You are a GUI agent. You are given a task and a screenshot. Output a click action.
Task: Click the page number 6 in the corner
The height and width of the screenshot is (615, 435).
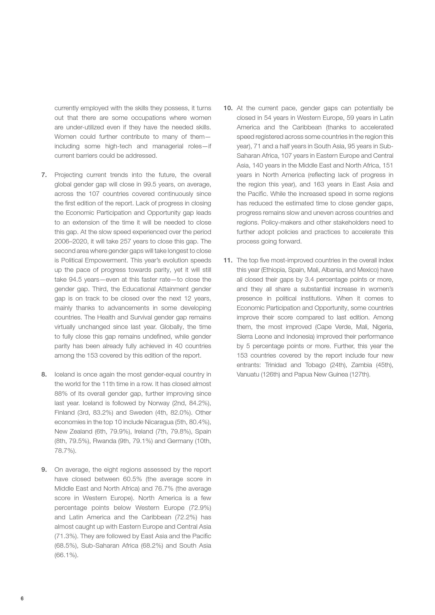(x=22, y=598)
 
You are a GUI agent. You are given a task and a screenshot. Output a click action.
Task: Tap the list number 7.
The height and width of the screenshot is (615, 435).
(x=44, y=175)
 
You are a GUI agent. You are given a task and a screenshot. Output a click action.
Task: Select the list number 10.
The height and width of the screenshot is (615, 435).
(x=228, y=108)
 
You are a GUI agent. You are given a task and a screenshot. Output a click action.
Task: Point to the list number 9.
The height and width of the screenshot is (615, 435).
(x=44, y=470)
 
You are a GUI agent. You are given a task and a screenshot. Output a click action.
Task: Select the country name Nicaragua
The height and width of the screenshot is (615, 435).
(x=159, y=422)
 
